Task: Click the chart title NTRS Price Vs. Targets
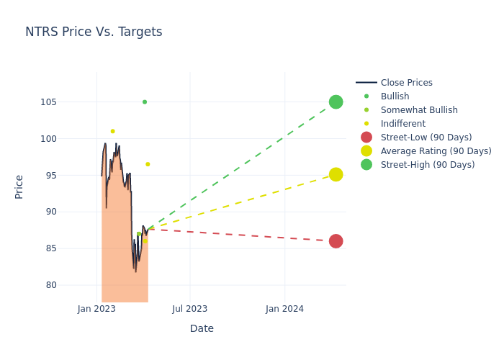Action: [94, 32]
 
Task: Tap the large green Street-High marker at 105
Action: [336, 102]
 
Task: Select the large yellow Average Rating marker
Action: [336, 174]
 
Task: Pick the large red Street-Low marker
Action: [336, 241]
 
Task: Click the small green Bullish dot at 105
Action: [145, 102]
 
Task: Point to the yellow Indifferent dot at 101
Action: [112, 131]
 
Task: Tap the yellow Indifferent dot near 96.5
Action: [148, 164]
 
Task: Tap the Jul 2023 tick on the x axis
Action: [190, 309]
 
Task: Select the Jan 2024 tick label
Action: [284, 309]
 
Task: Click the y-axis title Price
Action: [19, 186]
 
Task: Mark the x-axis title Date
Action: [202, 328]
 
